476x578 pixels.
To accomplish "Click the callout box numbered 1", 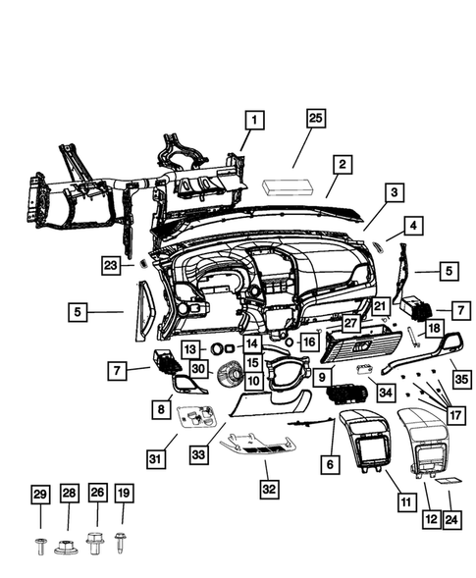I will (253, 121).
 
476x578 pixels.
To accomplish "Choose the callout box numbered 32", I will (268, 488).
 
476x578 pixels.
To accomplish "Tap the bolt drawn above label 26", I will (96, 540).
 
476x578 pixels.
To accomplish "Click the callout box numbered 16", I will (310, 342).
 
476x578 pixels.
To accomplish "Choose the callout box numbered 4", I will (414, 226).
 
